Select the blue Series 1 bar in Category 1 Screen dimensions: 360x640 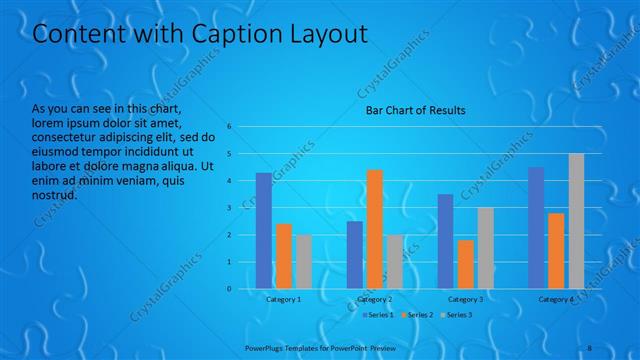264,230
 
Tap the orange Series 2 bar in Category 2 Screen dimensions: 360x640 375,229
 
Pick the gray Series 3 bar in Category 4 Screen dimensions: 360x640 576,221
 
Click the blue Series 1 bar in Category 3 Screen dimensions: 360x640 445,241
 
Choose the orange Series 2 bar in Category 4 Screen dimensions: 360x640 556,251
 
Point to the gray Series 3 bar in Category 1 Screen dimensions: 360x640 303,262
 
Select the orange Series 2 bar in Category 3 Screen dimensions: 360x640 465,264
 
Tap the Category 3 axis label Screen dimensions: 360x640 465,299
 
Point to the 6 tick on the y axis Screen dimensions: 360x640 229,127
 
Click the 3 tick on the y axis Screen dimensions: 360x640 229,208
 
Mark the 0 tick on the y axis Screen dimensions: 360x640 229,289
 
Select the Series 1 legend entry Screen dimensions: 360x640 378,315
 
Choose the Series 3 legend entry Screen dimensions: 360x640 459,315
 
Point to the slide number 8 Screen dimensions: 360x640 590,346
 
